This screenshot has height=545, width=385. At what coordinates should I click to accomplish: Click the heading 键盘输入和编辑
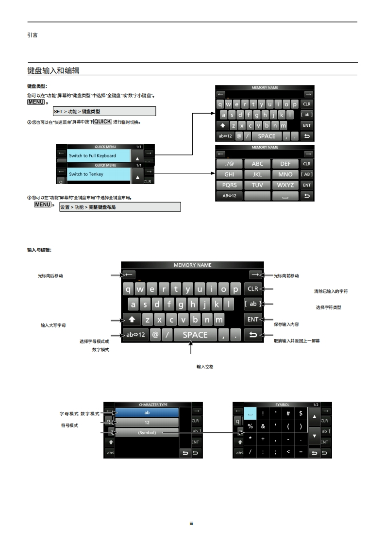click(x=53, y=71)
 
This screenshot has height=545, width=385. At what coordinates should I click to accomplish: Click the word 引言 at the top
click(x=33, y=35)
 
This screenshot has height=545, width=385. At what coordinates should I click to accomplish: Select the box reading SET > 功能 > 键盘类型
click(x=104, y=112)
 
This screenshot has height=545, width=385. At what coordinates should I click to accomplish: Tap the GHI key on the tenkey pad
click(x=229, y=174)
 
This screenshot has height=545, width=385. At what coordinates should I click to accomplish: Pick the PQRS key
click(x=229, y=185)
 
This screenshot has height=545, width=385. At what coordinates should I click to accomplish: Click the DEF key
click(x=285, y=164)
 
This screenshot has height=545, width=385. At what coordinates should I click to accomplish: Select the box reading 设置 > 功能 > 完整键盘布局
click(x=119, y=207)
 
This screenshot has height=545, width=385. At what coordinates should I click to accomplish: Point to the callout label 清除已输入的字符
click(x=331, y=291)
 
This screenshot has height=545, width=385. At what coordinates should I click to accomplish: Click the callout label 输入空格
click(x=205, y=367)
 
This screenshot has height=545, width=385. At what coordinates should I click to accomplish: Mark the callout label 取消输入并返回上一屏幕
click(x=297, y=341)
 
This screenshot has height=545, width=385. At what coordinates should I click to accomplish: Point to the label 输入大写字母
click(x=53, y=324)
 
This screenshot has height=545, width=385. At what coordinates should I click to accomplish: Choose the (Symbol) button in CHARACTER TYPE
click(x=147, y=432)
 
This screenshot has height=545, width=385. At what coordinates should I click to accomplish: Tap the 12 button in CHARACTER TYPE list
click(x=147, y=423)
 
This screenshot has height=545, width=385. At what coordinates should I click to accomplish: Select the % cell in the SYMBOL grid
click(x=251, y=426)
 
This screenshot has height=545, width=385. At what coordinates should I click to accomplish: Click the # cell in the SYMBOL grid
click(x=288, y=413)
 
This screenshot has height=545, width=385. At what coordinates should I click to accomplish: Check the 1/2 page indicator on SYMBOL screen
click(x=316, y=405)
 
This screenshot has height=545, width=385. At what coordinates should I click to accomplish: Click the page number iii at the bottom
click(x=192, y=524)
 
